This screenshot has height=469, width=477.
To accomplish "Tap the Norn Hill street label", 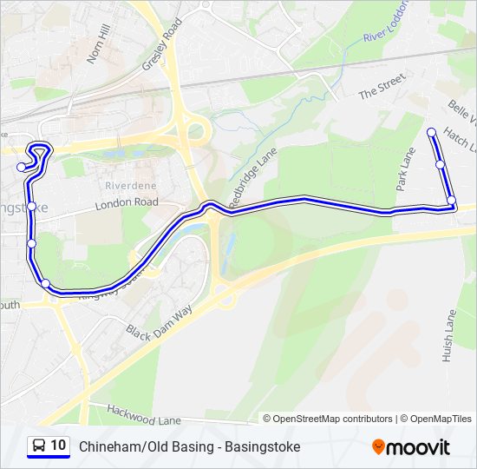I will tap(99, 43).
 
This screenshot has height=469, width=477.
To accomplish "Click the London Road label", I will tap(127, 202).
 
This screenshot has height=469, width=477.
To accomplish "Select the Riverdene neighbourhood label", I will tap(131, 186).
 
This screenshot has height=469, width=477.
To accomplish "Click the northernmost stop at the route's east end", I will tap(432, 132).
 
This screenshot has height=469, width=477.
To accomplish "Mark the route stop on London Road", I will tap(31, 207).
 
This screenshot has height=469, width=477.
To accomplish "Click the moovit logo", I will tap(411, 447).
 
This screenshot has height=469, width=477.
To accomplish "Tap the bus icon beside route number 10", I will tap(38, 446).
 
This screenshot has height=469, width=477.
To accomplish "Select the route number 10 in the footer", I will tap(58, 446).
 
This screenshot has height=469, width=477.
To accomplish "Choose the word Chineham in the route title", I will tap(106, 446).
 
